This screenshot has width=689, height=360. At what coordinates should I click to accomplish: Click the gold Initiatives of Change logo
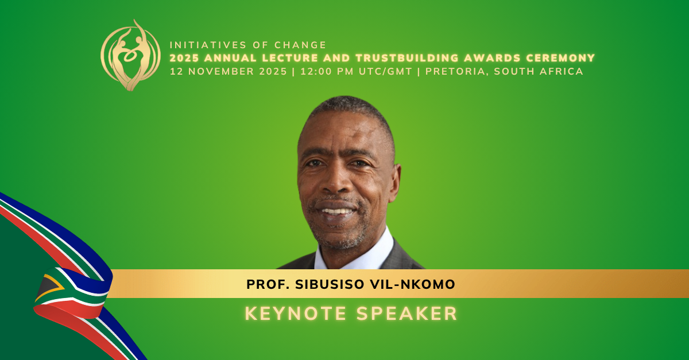(x=130, y=56)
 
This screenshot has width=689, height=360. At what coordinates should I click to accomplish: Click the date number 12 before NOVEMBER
(x=176, y=72)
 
